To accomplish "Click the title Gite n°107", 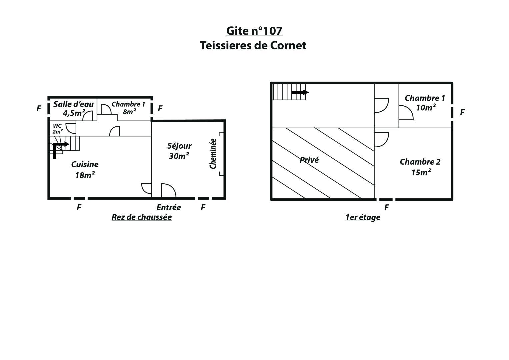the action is [254, 31].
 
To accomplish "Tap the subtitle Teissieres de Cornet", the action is [253, 45].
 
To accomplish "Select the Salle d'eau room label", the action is [74, 108].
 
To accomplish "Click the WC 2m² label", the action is [57, 129].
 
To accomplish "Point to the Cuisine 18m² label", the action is [85, 170].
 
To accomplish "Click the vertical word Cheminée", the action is [213, 154].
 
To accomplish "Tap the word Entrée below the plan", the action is [169, 207].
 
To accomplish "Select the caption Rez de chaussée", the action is [142, 217].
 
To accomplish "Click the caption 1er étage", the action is [363, 217].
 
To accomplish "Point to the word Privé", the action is [309, 160].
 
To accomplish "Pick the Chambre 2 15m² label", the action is [420, 167].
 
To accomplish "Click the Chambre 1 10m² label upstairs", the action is [425, 103].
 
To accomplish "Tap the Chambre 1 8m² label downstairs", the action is [128, 108].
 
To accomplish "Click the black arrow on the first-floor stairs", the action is [300, 92].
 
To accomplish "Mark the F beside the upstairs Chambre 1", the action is [462, 112].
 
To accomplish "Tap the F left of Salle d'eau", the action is [39, 108].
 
